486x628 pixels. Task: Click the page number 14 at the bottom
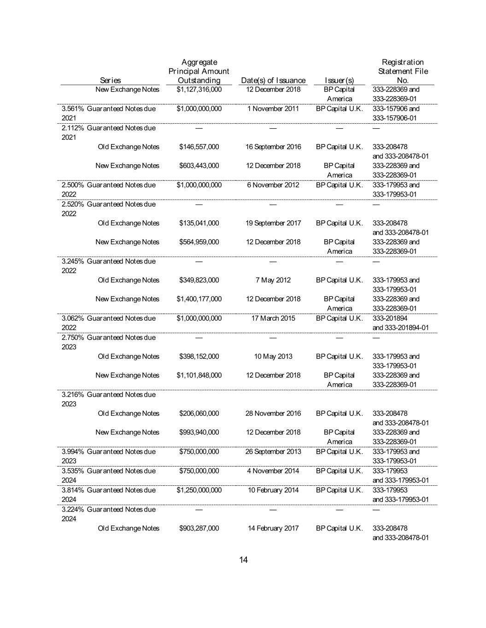click(243, 559)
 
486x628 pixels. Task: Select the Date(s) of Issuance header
click(273, 81)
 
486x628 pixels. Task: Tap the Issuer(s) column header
click(339, 81)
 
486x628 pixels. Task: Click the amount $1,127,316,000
click(199, 89)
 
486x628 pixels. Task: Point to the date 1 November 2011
click(273, 109)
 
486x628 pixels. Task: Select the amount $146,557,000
click(199, 147)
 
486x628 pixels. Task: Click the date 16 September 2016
click(273, 147)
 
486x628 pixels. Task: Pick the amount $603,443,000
click(199, 166)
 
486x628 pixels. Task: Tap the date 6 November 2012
click(273, 185)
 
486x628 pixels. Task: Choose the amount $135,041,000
click(199, 223)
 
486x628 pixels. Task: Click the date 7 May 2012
click(273, 280)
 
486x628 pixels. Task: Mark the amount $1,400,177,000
click(199, 299)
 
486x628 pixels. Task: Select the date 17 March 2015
click(273, 318)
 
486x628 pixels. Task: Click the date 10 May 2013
click(273, 357)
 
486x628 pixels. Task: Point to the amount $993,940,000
click(199, 432)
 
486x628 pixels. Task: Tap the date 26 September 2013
click(273, 452)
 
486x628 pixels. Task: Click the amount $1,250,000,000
click(199, 490)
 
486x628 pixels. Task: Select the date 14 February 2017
click(273, 529)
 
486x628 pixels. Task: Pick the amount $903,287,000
click(199, 529)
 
